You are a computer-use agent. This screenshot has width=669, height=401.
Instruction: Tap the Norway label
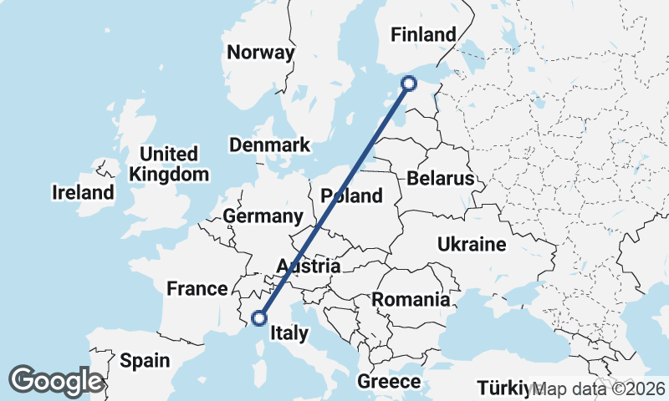click(x=261, y=53)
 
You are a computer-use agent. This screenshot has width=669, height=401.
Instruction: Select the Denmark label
click(x=270, y=145)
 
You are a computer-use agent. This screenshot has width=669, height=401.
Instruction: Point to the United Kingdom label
click(x=170, y=165)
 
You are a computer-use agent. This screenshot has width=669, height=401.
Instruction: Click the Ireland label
click(x=83, y=193)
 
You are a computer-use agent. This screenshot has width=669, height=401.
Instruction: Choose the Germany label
click(x=263, y=217)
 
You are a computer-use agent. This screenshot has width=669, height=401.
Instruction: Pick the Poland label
click(x=352, y=196)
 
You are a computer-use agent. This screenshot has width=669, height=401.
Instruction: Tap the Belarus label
click(x=441, y=179)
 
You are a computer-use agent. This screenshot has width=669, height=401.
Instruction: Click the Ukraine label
click(x=472, y=245)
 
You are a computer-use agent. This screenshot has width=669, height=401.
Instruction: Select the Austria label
click(x=309, y=267)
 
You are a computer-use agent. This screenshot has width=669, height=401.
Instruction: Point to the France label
click(x=197, y=289)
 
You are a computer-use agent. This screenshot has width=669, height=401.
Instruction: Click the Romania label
click(x=411, y=299)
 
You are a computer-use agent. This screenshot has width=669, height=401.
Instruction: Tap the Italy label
click(x=289, y=334)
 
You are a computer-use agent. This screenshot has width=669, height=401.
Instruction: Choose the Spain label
click(x=144, y=361)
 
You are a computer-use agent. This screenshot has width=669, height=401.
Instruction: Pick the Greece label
click(x=389, y=382)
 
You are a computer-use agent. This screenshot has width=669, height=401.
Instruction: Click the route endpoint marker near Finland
click(x=409, y=83)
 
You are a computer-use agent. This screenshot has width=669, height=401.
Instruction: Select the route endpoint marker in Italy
click(x=259, y=317)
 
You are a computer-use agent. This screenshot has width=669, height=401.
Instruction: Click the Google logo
click(x=56, y=380)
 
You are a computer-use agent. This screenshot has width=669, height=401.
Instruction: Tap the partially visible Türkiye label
click(x=504, y=388)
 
